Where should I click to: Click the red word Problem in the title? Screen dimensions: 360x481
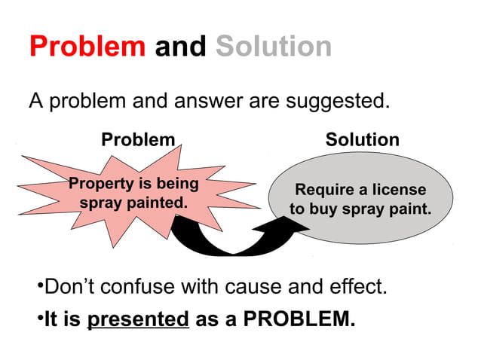87,47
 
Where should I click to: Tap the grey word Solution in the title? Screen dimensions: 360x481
274,47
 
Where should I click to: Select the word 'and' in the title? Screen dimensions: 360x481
180,47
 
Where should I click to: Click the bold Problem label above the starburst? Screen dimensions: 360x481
138,140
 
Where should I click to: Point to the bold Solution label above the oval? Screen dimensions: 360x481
363,140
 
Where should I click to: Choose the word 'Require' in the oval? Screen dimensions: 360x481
323,190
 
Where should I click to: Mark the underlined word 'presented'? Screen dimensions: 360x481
138,319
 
